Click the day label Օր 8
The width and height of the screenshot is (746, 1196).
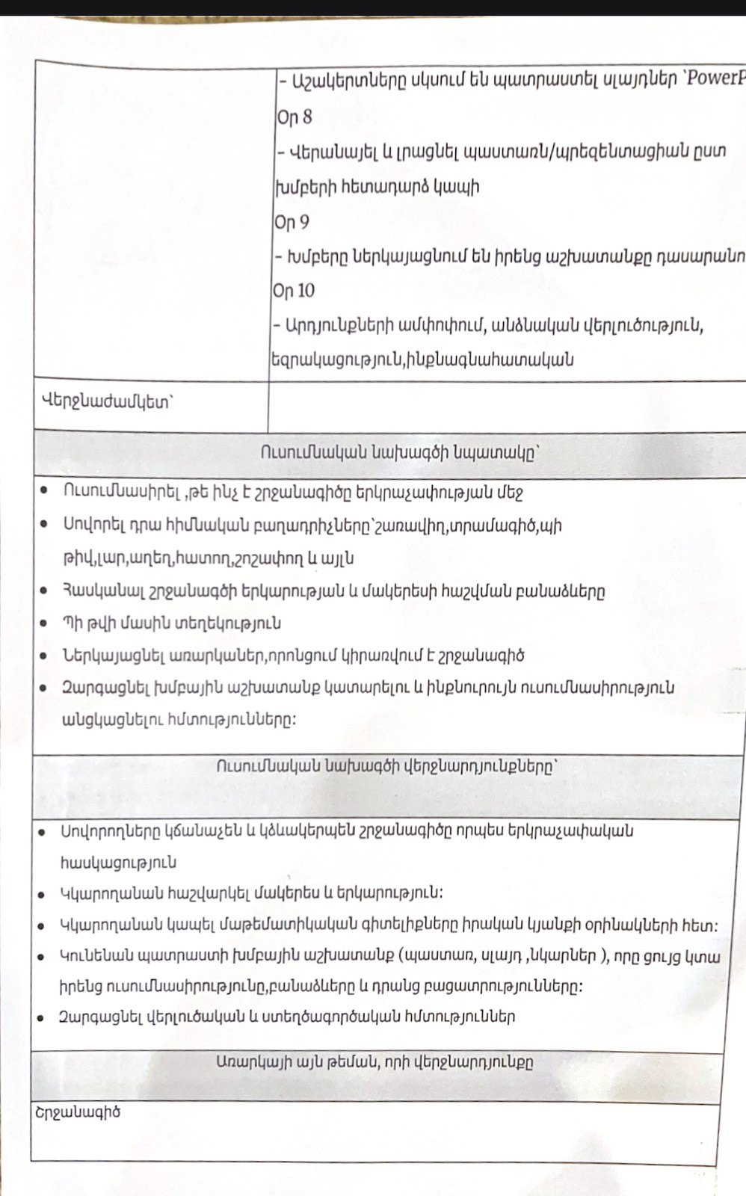(295, 117)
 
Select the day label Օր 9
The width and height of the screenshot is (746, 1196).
(292, 223)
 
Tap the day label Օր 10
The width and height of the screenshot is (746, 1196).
(294, 291)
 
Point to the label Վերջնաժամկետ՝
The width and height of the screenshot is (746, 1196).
(107, 401)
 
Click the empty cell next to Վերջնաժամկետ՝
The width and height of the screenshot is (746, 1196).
(507, 406)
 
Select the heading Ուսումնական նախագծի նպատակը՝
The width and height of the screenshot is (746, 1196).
(400, 453)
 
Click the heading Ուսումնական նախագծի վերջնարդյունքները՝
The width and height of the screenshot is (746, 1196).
(387, 767)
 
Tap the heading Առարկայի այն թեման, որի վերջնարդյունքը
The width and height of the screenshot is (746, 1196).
(374, 1062)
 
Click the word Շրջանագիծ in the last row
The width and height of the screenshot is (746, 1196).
(78, 1112)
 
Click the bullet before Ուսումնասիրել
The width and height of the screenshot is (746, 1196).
(45, 491)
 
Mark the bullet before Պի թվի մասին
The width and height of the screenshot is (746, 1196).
(45, 623)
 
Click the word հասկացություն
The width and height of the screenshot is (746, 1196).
(118, 862)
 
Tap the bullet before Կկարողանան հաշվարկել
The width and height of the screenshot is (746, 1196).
(42, 893)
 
